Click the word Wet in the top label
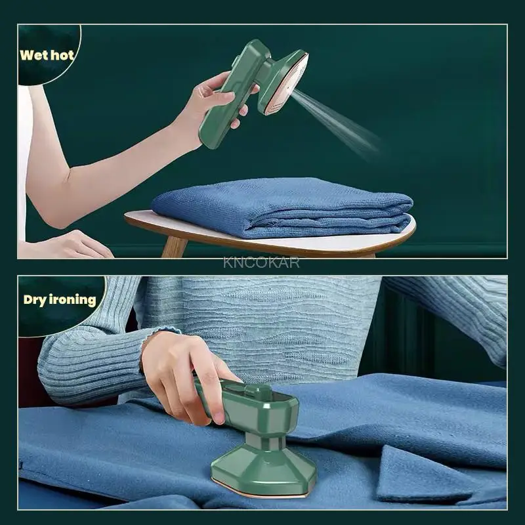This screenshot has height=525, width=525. click(x=33, y=54)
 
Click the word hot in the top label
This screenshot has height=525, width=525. click(x=62, y=54)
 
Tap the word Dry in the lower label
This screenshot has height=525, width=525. click(x=35, y=300)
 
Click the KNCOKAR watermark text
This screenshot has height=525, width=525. click(x=261, y=262)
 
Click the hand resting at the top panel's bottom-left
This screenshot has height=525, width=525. click(x=79, y=245)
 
